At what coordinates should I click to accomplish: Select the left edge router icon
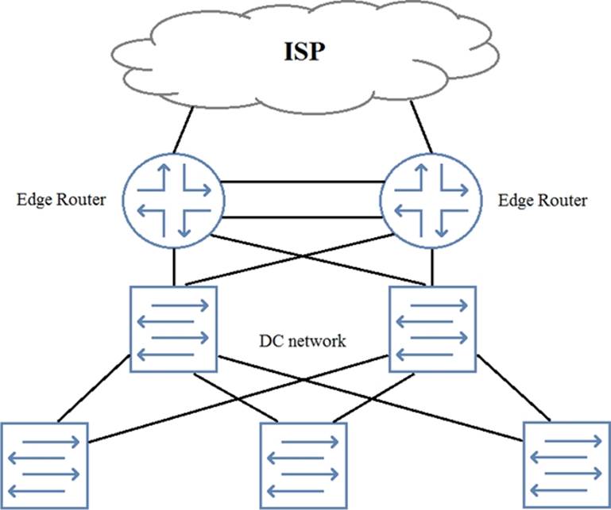(172, 201)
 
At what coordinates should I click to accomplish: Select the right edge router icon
(431, 201)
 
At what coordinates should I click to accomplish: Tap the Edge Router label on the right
(543, 201)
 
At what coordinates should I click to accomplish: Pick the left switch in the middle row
(173, 328)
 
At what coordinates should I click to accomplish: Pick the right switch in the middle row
(432, 328)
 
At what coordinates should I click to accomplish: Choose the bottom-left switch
(44, 465)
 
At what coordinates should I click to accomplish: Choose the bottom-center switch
(305, 465)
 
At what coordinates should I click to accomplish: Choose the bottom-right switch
(567, 465)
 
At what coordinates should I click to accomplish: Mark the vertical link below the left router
(172, 266)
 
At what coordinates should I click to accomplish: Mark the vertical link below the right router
(432, 266)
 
